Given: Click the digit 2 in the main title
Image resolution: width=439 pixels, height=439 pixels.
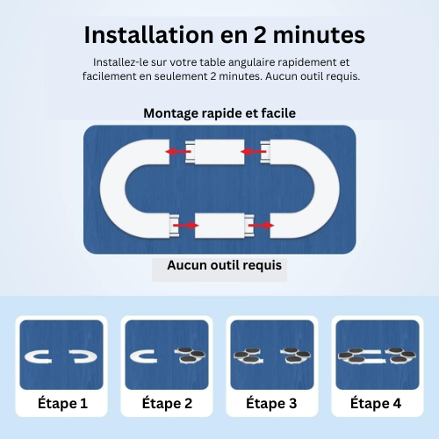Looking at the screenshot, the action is click(259, 35).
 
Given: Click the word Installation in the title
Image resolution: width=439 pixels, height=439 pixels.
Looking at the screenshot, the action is click(149, 35).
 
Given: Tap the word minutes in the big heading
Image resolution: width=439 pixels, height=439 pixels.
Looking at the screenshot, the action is click(319, 35).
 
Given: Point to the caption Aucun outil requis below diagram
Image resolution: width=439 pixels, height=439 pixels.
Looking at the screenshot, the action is click(225, 265).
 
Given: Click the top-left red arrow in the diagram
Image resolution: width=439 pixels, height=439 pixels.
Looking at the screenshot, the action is click(178, 151).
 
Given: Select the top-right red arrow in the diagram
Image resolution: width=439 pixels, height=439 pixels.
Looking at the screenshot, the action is click(254, 151).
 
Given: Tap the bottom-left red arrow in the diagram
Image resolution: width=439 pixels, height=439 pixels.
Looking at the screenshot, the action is click(186, 225).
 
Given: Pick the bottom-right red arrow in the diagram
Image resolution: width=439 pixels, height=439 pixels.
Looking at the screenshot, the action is click(261, 225).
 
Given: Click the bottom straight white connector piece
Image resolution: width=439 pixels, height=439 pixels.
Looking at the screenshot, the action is click(225, 226).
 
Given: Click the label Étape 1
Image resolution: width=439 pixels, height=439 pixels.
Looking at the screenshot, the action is click(62, 403).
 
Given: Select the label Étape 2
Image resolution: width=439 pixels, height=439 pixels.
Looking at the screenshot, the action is click(167, 403).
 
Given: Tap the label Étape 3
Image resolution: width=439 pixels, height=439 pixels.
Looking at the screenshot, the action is click(271, 403).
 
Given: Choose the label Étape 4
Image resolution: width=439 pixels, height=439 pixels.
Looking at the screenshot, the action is click(376, 403).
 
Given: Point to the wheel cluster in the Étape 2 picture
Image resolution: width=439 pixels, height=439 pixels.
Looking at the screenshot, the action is click(191, 355).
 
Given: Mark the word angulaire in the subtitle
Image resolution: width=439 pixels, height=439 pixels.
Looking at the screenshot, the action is click(252, 62).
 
